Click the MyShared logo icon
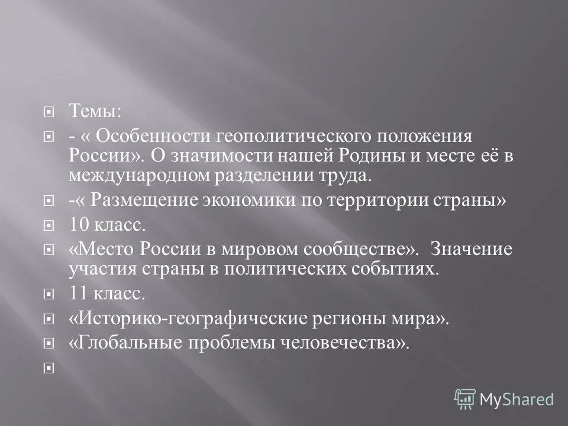[x=465, y=399]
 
